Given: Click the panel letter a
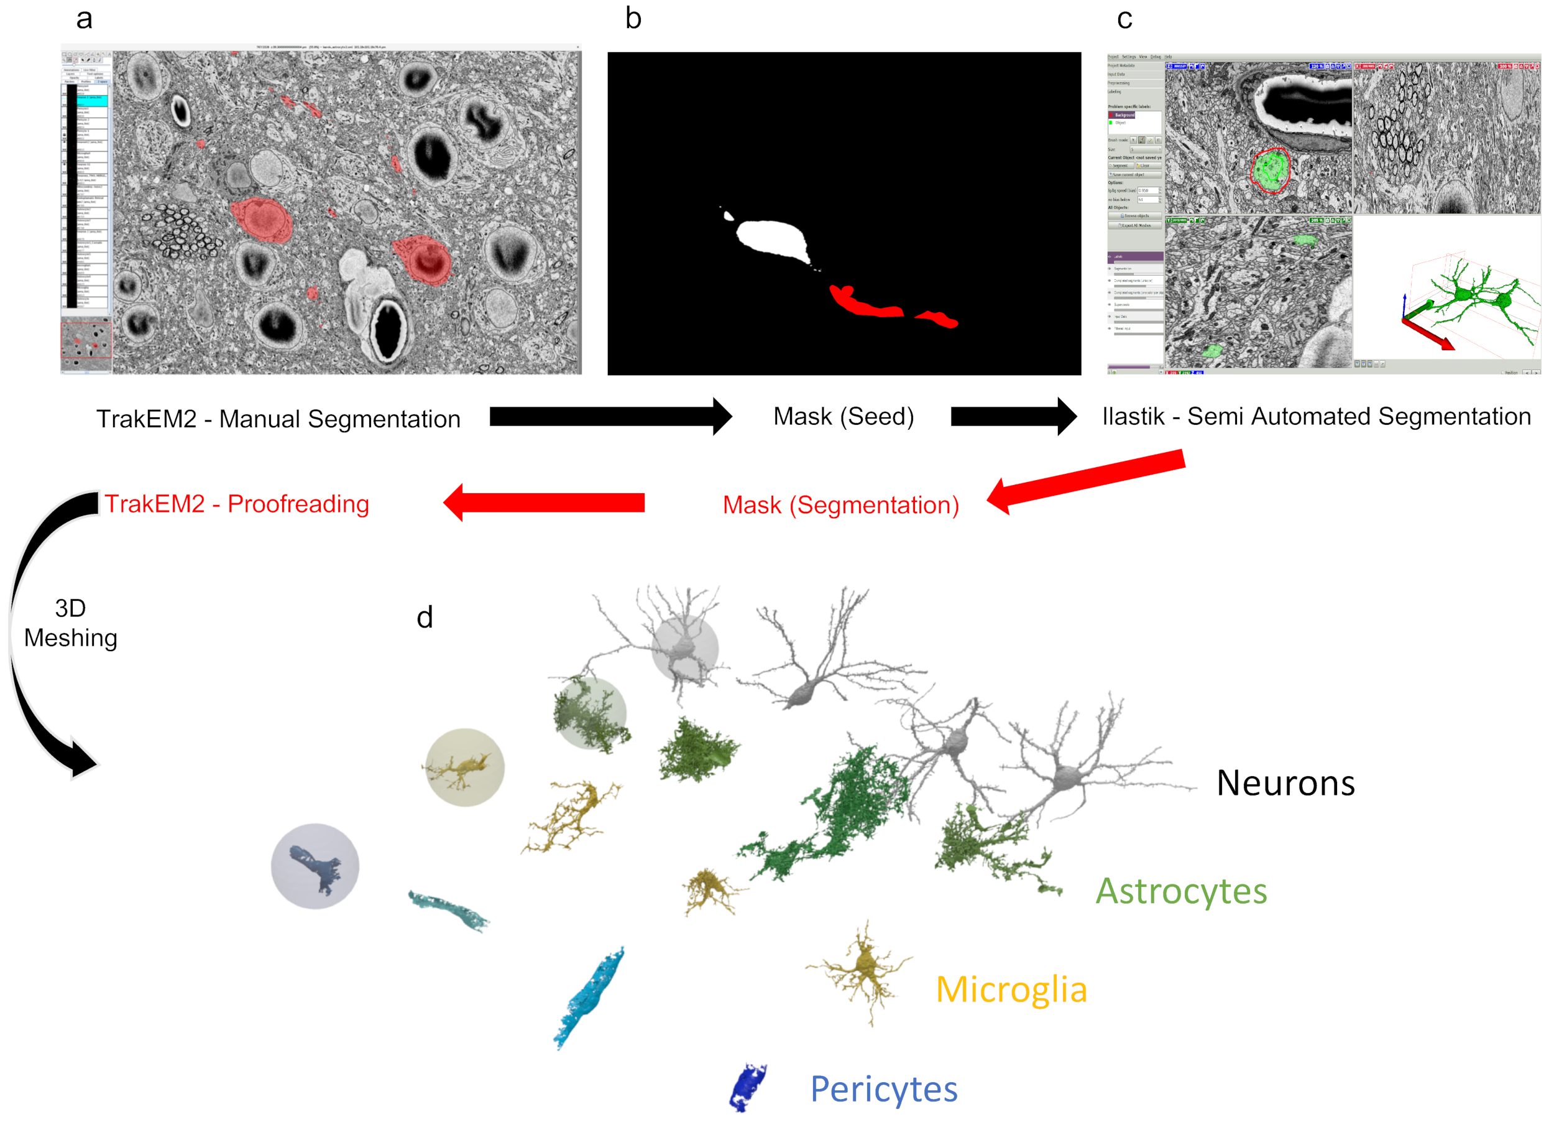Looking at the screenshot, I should (85, 19).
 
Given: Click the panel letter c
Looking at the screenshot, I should (1124, 19).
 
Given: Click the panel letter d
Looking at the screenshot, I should (425, 617).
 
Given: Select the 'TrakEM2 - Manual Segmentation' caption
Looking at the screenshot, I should (278, 419).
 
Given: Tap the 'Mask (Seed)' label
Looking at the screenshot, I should (844, 416).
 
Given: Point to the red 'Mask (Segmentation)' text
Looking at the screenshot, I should (841, 505).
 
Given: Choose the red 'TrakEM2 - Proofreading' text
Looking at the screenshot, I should (236, 504).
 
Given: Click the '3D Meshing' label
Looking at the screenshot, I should (71, 623).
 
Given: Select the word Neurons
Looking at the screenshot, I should (1285, 783).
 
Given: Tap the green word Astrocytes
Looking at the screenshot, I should (1181, 891).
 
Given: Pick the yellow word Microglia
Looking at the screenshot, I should (1011, 989).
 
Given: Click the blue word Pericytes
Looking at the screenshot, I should (884, 1088).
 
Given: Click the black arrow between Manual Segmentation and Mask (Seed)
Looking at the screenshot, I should (610, 416).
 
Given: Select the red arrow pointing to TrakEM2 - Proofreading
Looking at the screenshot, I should (545, 503).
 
